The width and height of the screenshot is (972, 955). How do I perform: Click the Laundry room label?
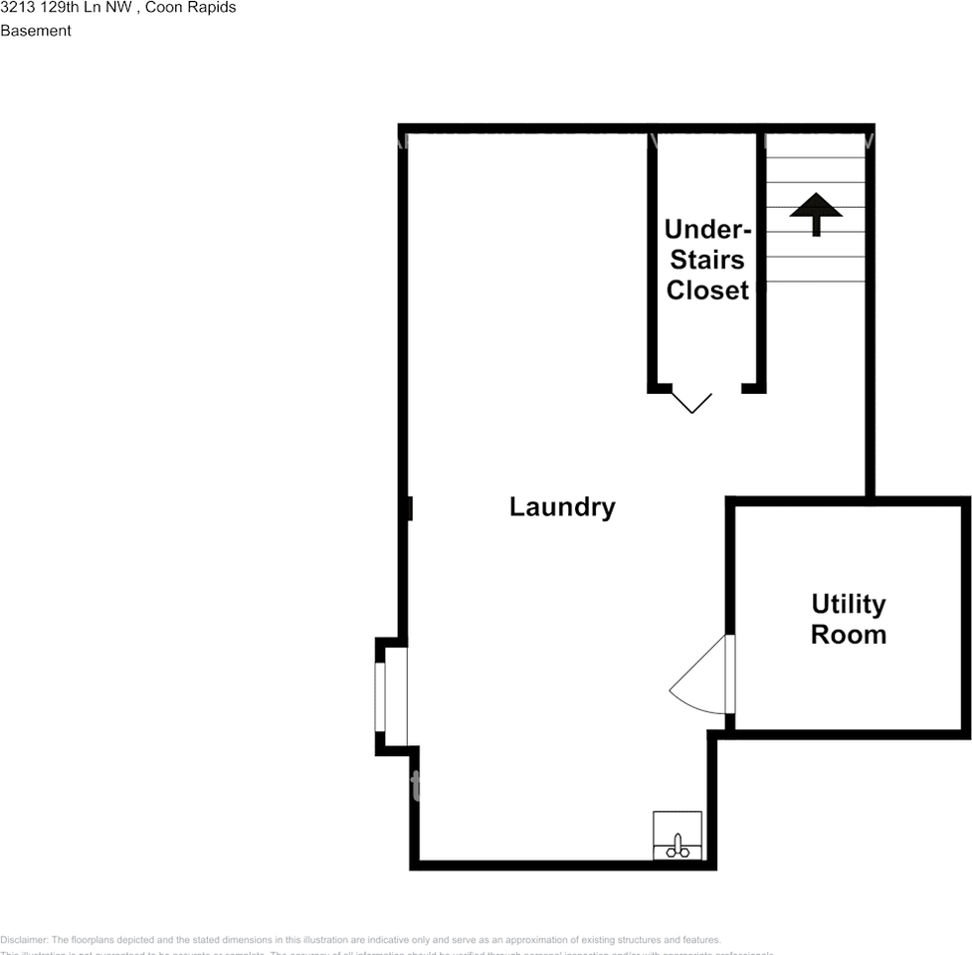coord(562,507)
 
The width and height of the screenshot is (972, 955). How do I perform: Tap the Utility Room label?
coord(848,619)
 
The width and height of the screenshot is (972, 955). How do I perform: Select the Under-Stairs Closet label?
coord(707,260)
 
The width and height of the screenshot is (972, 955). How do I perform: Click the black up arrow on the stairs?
coord(816,212)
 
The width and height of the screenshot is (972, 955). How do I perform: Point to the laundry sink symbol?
coord(678,837)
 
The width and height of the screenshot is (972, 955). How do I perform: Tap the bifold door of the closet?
coord(691,400)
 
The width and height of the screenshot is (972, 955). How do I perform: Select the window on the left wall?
coord(380,696)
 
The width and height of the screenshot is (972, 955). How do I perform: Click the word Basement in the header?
coord(36,31)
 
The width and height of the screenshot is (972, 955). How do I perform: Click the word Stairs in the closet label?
coord(707,261)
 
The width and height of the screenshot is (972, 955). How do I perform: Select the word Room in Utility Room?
coord(848,635)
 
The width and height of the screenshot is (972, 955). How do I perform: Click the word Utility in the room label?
coord(848,605)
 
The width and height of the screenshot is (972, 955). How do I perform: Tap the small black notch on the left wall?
coord(408,508)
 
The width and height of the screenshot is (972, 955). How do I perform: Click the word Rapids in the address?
coord(208,8)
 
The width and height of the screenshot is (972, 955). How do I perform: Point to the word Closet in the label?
coord(707,290)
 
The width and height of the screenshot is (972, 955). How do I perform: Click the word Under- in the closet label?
coord(707,230)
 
